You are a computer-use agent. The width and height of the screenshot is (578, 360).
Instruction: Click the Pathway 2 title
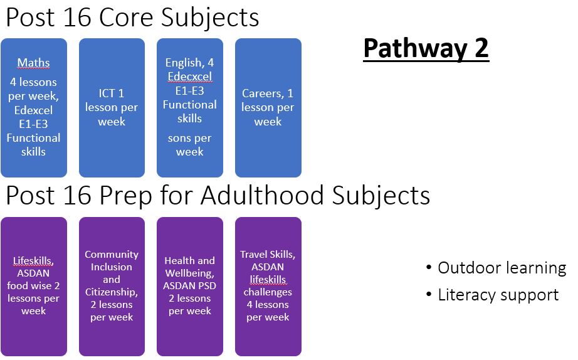426,48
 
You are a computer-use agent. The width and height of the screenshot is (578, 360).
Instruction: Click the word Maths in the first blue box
34,63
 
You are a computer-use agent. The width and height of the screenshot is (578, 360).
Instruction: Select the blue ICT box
112,108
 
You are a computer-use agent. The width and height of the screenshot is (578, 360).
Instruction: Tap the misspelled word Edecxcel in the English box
190,77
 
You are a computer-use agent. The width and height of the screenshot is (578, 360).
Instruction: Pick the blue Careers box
268,108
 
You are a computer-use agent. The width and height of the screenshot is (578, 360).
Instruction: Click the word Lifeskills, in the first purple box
34,261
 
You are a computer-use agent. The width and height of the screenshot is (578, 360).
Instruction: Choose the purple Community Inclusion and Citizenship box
112,287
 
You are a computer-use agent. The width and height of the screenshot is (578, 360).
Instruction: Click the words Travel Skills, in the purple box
268,255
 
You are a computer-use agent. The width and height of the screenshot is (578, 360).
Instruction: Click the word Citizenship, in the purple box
112,292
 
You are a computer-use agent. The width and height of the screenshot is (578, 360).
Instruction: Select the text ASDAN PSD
190,286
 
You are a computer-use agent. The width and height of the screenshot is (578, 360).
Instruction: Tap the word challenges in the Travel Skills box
268,292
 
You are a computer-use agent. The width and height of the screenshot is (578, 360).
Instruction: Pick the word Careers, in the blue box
263,93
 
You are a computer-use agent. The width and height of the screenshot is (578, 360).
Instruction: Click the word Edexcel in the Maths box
34,110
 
